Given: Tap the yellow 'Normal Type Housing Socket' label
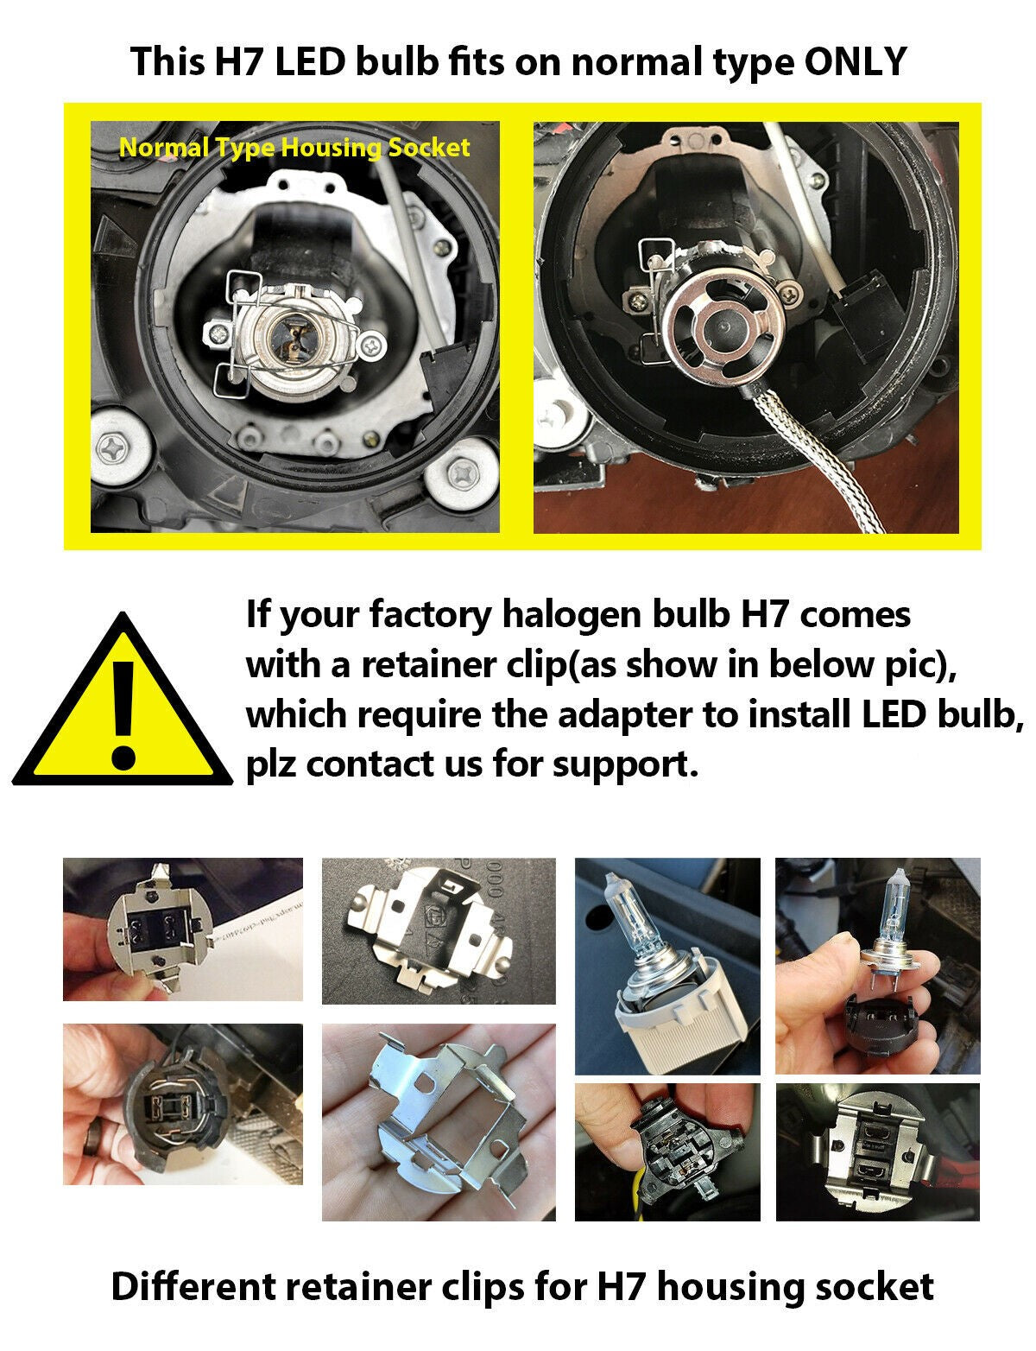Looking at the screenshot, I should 294,148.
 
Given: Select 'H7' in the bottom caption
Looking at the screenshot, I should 623,1287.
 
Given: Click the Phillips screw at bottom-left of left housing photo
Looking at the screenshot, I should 115,447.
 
